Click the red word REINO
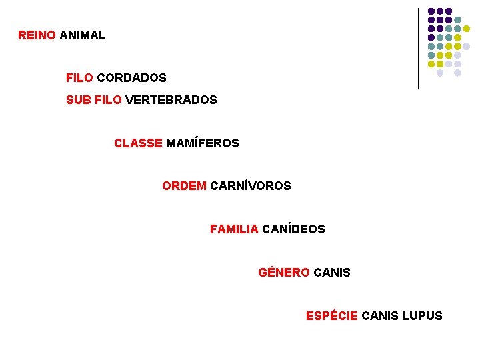37,35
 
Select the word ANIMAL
82,35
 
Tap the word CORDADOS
131,78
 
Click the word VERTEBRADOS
171,100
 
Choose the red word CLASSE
138,143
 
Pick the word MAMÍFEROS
202,143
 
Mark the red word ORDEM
184,186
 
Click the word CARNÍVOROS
250,186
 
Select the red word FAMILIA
234,229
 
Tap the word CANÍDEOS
293,229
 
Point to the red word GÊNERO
283,273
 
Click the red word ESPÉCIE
331,316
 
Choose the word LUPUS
422,316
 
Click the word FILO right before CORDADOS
79,78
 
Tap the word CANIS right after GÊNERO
331,273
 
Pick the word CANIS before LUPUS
380,316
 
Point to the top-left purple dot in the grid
431,11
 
